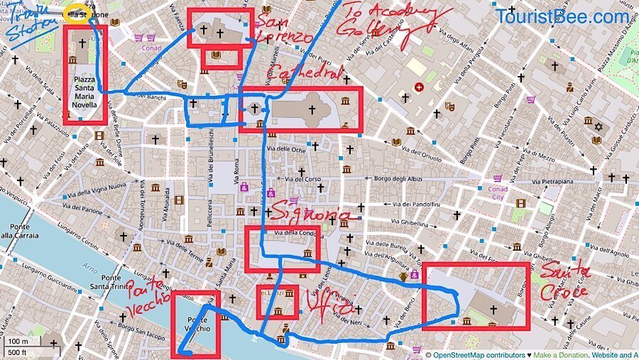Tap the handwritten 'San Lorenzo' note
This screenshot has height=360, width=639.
(x=283, y=28)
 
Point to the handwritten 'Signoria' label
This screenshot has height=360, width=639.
(x=311, y=215)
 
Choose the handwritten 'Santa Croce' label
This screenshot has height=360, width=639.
(x=564, y=281)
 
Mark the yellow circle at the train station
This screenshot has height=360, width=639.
(x=77, y=16)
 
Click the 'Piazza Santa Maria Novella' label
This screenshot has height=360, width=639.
(x=84, y=92)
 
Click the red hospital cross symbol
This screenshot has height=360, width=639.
(x=418, y=87)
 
